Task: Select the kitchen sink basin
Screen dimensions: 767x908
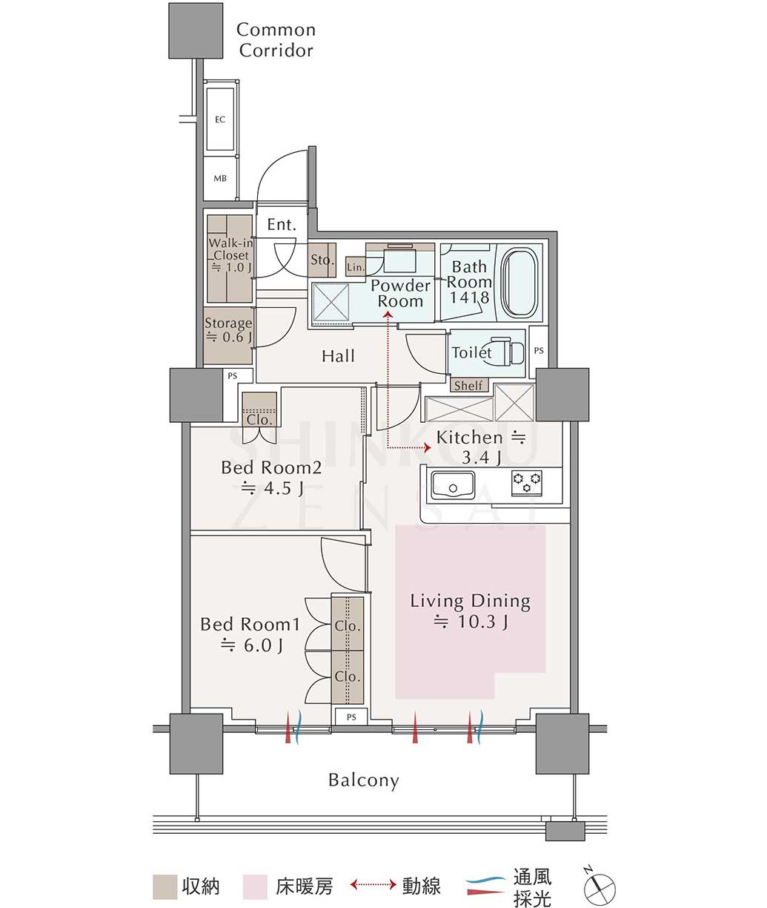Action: tap(452, 485)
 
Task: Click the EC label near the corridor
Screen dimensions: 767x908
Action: tap(220, 119)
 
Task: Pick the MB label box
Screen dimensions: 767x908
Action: tap(220, 178)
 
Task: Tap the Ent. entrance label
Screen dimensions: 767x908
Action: tap(282, 225)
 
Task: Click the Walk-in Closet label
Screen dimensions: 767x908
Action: tap(230, 249)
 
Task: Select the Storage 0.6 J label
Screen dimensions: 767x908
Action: tap(228, 330)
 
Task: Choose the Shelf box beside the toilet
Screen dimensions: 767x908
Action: tap(468, 385)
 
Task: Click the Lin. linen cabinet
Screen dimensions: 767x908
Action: tap(356, 266)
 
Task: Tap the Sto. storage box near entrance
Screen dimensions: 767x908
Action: tap(322, 260)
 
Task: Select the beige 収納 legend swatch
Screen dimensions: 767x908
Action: tap(165, 887)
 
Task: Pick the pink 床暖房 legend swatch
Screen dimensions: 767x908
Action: tap(255, 887)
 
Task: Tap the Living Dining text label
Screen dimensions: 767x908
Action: tap(471, 602)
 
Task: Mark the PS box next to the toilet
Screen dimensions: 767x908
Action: tap(539, 351)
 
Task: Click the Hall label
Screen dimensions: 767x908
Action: tap(338, 355)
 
